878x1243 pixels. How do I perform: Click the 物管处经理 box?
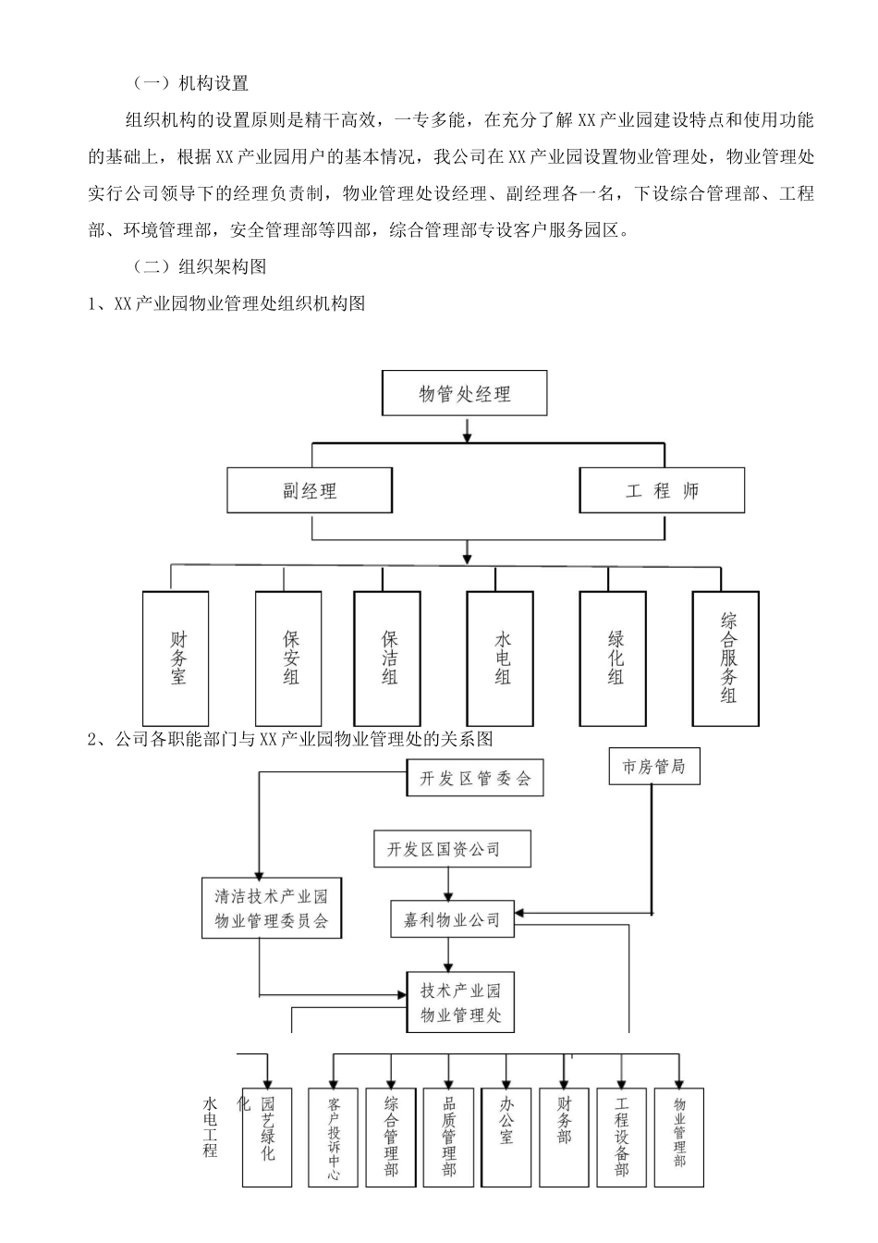[464, 393]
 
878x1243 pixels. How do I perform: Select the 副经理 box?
[310, 490]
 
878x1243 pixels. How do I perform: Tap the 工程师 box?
[662, 490]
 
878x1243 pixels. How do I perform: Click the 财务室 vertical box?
[176, 658]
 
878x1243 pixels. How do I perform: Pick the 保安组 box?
[288, 658]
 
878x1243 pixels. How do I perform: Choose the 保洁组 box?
[388, 658]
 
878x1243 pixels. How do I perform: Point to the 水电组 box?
[500, 658]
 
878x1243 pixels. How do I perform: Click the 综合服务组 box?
[726, 658]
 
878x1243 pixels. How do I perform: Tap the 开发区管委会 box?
[475, 779]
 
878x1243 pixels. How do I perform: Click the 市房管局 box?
[653, 767]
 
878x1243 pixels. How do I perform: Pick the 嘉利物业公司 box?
[452, 918]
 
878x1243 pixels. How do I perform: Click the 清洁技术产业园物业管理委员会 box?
[271, 909]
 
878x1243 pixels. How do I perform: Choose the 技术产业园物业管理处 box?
[460, 1003]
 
